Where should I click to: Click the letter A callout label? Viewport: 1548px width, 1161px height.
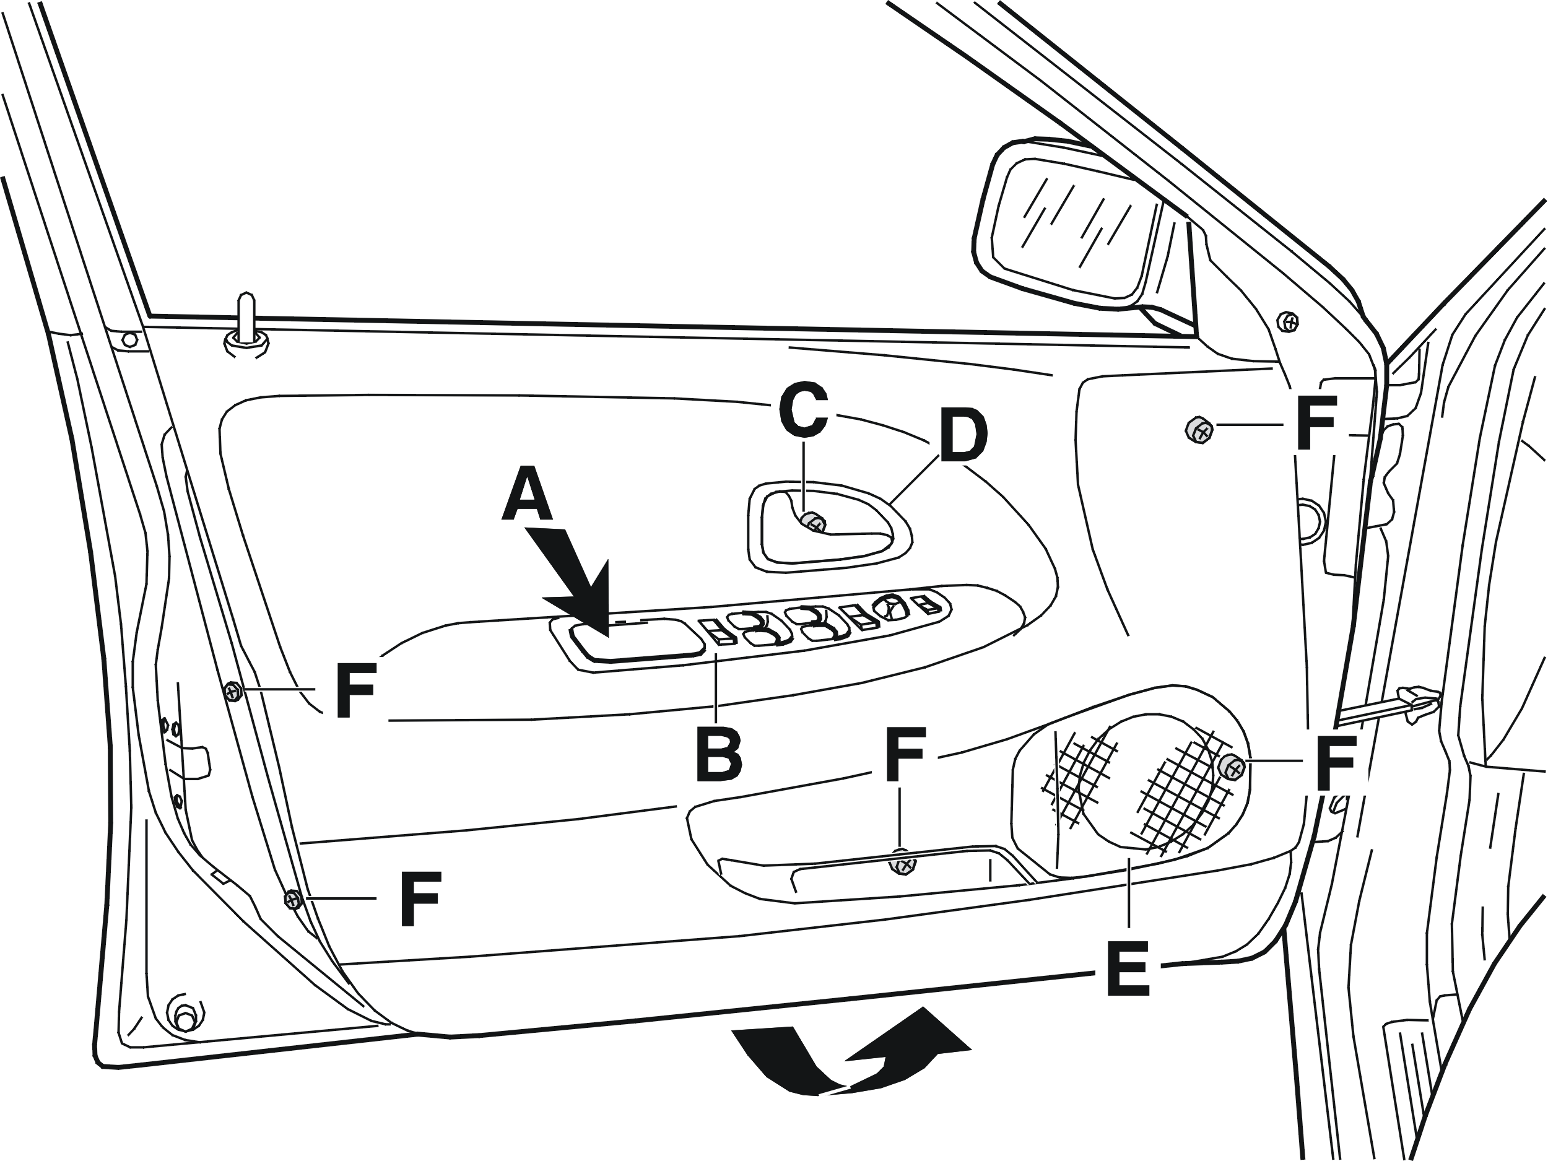pos(526,496)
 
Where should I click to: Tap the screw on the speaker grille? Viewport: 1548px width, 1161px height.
pos(1232,768)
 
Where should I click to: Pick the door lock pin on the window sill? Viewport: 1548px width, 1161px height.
pos(246,326)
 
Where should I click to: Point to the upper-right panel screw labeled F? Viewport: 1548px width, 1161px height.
pos(1199,430)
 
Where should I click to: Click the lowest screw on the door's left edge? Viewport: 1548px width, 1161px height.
pos(294,899)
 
